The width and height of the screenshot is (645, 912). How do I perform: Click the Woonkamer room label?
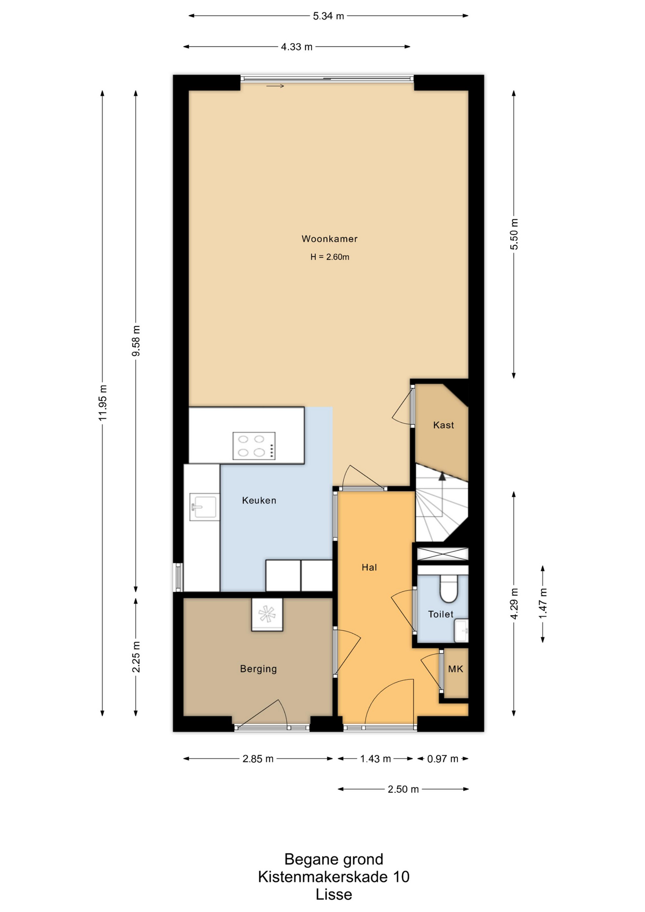(x=329, y=239)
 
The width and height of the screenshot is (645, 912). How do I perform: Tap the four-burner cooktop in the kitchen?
(x=254, y=446)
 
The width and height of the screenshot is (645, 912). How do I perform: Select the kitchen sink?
(x=204, y=507)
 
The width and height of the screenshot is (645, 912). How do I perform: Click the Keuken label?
(x=259, y=500)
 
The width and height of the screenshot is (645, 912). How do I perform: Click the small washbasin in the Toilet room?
(x=461, y=630)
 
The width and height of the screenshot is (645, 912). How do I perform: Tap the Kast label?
(x=443, y=425)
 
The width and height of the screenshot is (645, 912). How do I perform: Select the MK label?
(x=455, y=669)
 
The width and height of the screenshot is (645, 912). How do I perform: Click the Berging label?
(x=258, y=669)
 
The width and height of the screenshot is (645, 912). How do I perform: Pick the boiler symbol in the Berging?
(x=267, y=614)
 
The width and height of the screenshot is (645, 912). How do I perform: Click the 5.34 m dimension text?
(x=328, y=16)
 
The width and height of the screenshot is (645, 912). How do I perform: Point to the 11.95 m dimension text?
(x=103, y=403)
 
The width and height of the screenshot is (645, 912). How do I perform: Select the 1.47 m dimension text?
(x=543, y=603)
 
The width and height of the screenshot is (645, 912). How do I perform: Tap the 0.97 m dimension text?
(x=443, y=759)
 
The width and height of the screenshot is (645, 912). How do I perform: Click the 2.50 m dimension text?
(x=403, y=789)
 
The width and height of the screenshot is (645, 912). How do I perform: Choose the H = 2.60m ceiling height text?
(x=330, y=257)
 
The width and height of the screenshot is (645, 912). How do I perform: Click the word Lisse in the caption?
(x=334, y=894)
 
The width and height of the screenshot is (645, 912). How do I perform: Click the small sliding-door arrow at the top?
(x=275, y=86)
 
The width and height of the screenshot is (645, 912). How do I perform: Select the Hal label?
(x=369, y=567)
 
